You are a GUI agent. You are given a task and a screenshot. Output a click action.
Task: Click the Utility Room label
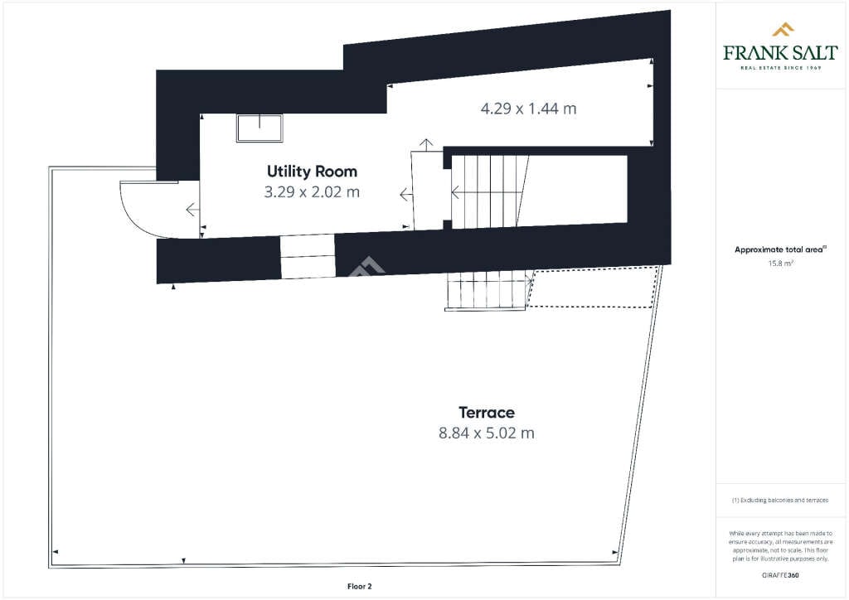pyautogui.click(x=312, y=172)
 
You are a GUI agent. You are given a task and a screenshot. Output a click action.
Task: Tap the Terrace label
pyautogui.click(x=487, y=412)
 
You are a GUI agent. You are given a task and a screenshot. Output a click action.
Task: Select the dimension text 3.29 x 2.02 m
pyautogui.click(x=312, y=192)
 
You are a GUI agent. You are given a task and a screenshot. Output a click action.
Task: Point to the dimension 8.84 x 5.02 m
pyautogui.click(x=487, y=433)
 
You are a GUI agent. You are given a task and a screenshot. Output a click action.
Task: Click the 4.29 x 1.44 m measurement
pyautogui.click(x=528, y=108)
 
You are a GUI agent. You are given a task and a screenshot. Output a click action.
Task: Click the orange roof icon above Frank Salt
pyautogui.click(x=783, y=31)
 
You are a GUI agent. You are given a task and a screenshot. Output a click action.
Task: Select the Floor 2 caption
pyautogui.click(x=359, y=586)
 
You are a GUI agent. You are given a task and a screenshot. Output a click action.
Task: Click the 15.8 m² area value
pyautogui.click(x=781, y=264)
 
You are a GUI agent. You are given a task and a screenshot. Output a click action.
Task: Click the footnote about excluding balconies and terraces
pyautogui.click(x=780, y=500)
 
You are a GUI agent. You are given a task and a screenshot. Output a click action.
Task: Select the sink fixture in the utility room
pyautogui.click(x=260, y=128)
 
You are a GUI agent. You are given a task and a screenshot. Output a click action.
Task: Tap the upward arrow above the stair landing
pyautogui.click(x=426, y=144)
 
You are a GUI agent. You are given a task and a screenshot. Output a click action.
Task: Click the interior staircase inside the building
pyautogui.click(x=489, y=191)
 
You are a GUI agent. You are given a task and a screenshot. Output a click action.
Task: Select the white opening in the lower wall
pyautogui.click(x=308, y=256)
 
